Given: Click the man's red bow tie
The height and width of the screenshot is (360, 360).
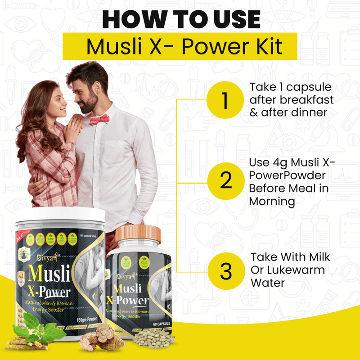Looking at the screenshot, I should click(99, 120).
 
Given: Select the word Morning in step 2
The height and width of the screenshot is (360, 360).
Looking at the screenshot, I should click(272, 201).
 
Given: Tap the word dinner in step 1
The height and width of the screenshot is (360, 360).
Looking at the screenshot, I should click(311, 112).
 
